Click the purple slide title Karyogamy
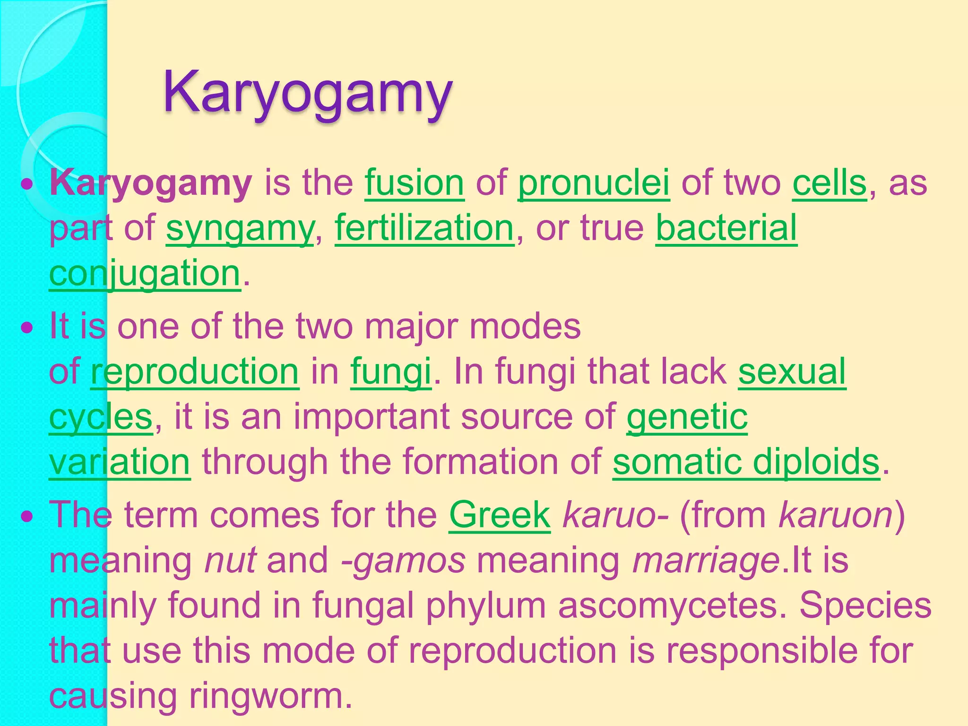click(x=308, y=93)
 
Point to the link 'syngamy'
click(x=240, y=228)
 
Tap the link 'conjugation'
click(x=145, y=273)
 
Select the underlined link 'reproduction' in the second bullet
click(x=195, y=372)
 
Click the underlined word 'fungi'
click(x=391, y=372)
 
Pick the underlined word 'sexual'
click(x=792, y=372)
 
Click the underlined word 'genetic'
click(x=687, y=416)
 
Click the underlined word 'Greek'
click(x=500, y=515)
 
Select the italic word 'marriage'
click(x=706, y=561)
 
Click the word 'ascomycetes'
click(x=668, y=605)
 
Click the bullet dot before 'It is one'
click(x=28, y=327)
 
